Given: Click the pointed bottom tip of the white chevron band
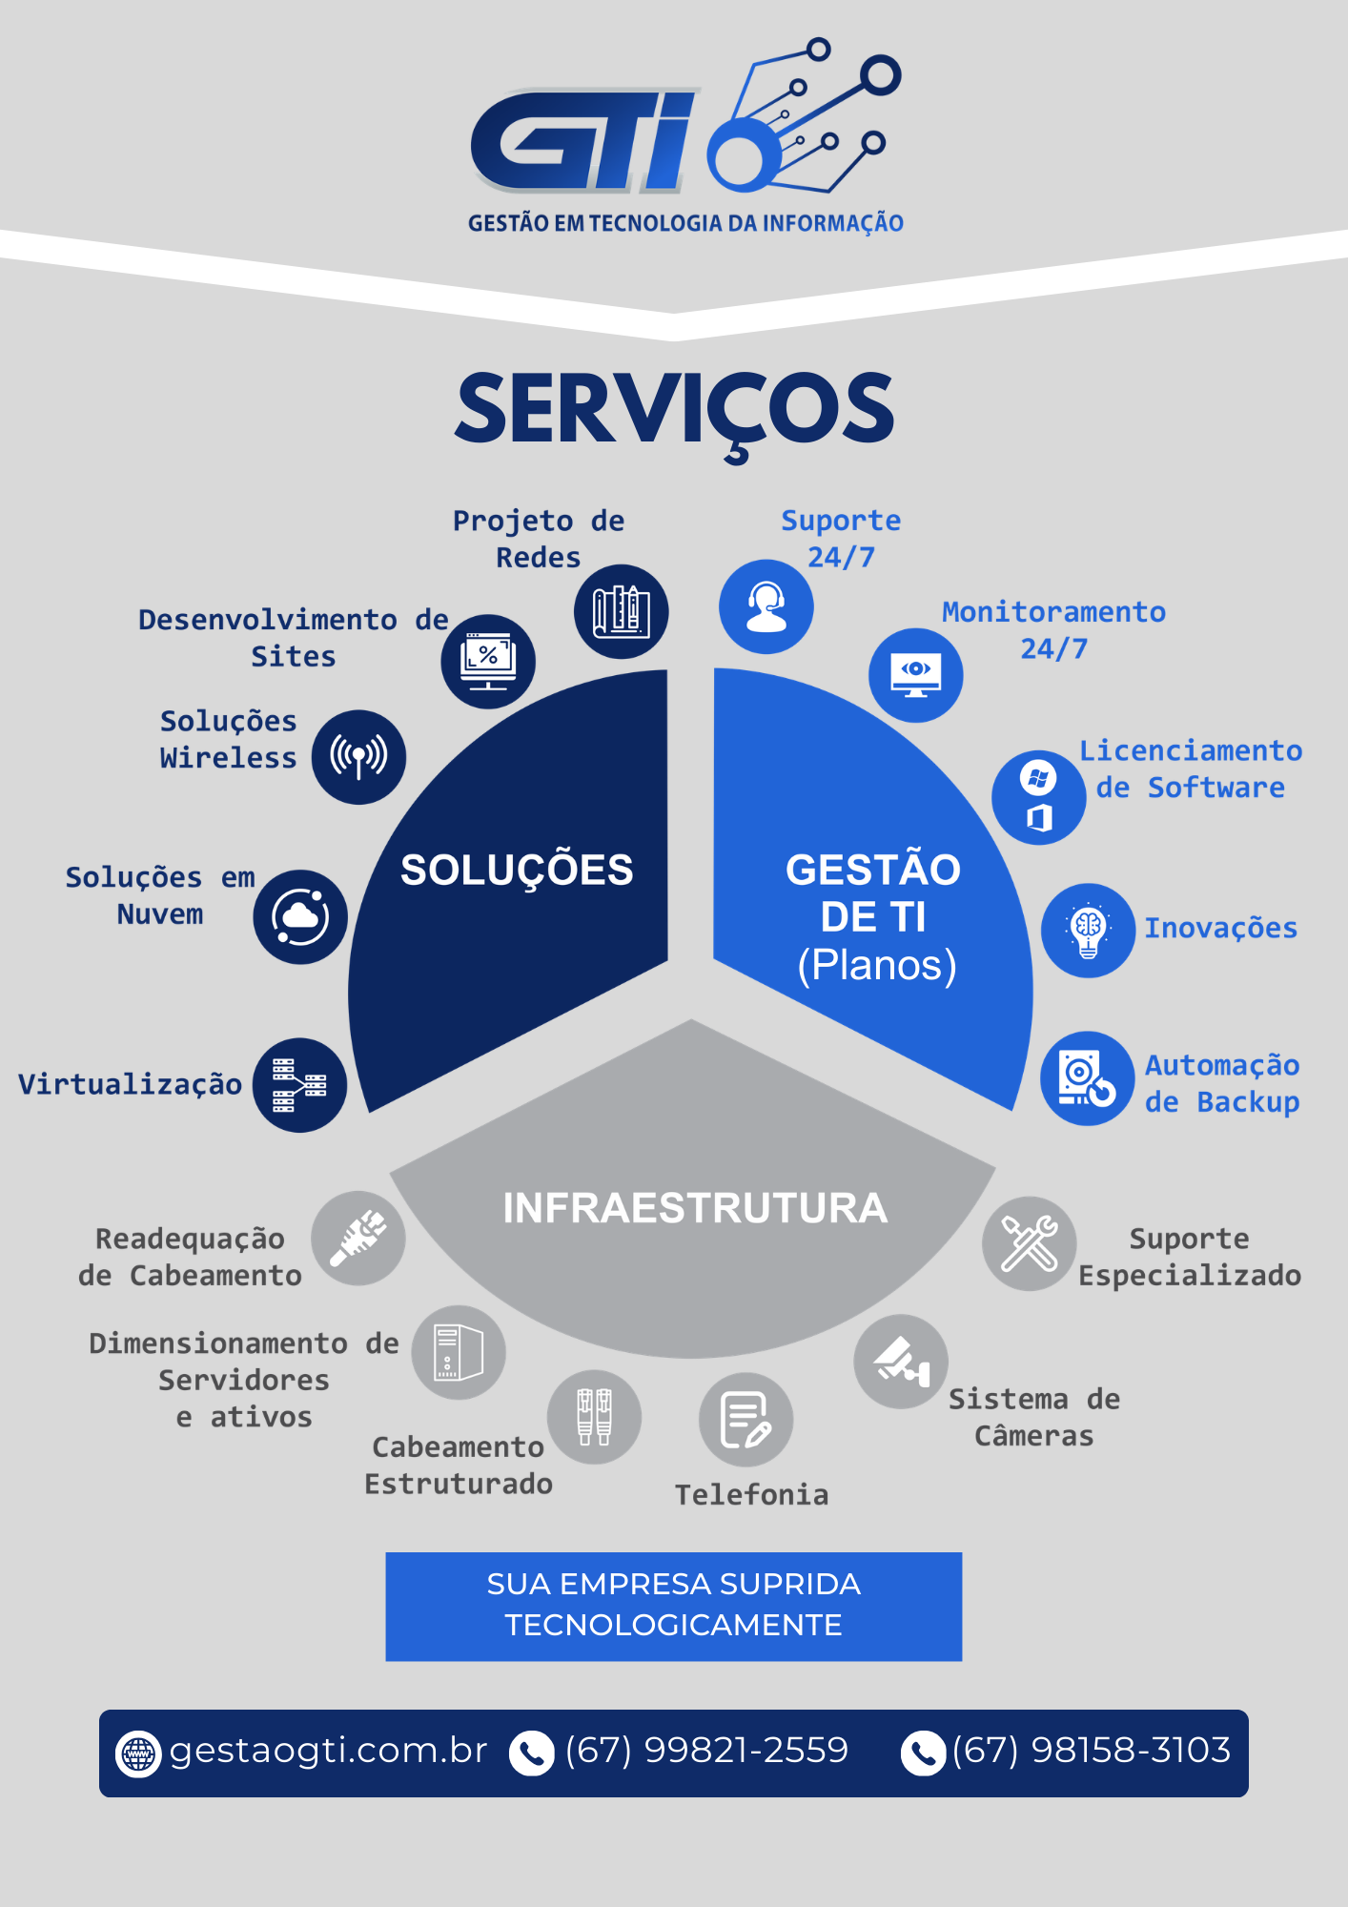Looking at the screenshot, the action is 674,340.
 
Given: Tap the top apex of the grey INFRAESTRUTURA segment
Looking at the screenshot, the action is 692,1019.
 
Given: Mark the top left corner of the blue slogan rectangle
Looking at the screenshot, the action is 386,1553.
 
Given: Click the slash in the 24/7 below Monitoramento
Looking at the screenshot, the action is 1053,649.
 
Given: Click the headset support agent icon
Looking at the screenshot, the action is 766,606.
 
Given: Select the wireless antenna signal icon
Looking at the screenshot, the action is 358,757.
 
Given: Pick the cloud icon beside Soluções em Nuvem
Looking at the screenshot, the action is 300,916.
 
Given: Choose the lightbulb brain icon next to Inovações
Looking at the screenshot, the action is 1088,931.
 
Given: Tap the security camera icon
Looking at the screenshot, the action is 901,1362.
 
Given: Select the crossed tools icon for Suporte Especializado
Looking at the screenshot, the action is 1030,1243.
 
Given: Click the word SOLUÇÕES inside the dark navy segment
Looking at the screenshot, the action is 517,870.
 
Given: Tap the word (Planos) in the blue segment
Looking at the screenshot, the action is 877,965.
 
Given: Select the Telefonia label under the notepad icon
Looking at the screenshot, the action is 752,1494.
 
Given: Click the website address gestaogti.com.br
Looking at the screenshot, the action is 328,1751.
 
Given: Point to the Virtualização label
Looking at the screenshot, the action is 131,1084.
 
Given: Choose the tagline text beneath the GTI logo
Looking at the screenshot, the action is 685,222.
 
